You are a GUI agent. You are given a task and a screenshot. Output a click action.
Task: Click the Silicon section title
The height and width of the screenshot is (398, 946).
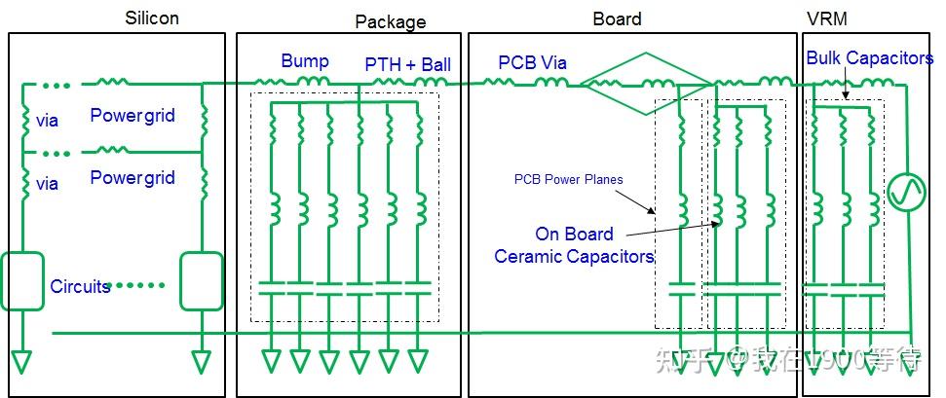152,18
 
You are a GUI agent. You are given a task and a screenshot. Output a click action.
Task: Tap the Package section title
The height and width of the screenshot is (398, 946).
390,21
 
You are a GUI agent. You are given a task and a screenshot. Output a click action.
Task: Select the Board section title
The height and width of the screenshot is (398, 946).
617,18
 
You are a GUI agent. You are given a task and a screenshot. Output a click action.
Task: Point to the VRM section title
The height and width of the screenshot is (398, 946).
826,18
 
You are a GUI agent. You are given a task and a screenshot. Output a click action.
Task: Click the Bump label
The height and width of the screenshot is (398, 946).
304,61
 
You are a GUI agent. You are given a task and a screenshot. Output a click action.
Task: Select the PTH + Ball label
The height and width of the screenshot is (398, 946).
407,64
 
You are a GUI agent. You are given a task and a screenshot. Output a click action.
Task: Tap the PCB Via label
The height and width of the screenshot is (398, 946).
532,63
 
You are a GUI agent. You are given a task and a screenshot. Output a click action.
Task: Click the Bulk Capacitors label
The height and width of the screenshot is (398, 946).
869,58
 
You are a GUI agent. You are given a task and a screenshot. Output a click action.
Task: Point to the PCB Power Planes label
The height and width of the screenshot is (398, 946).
568,179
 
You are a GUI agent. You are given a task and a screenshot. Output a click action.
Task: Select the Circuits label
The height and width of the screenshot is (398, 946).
81,287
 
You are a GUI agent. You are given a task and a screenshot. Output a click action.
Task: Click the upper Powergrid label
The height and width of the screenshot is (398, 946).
132,116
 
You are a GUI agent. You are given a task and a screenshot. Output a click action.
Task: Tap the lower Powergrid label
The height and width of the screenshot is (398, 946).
132,178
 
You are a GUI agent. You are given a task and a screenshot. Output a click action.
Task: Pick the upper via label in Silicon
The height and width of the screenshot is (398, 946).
47,121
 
